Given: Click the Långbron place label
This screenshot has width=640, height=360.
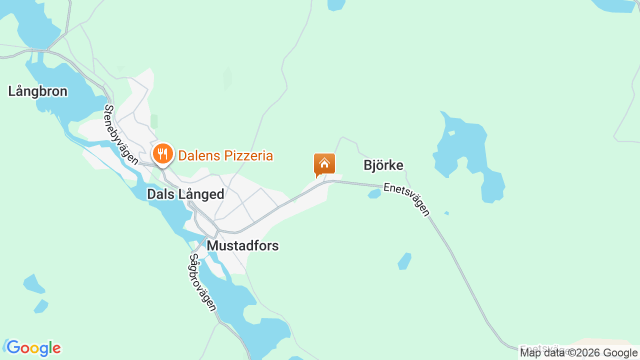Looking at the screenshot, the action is [37, 91].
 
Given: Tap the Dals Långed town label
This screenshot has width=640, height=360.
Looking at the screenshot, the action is [185, 194].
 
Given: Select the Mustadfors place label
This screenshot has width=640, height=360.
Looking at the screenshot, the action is [242, 245].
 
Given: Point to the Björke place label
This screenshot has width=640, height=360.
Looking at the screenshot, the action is [383, 165].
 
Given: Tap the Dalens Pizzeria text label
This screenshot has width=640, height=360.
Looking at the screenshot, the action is [225, 155].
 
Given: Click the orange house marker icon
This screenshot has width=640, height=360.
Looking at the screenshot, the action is [324, 164].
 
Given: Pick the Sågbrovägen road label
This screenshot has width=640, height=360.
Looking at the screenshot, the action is [202, 282].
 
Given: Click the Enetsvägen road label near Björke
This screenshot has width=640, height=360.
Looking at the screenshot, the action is [406, 199].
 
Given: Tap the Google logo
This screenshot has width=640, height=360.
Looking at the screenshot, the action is [33, 348].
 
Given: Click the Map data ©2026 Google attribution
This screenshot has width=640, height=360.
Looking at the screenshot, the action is [578, 353].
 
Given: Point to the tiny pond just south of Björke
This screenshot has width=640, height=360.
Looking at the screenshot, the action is [374, 194].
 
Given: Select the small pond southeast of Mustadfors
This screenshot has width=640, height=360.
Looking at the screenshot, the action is [404, 260].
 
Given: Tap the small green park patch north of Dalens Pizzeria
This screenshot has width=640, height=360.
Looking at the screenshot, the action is [154, 121].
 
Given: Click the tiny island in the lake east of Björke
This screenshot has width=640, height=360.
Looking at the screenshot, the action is [451, 133].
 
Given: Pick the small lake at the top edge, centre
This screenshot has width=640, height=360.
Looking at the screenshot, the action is [336, 4].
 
